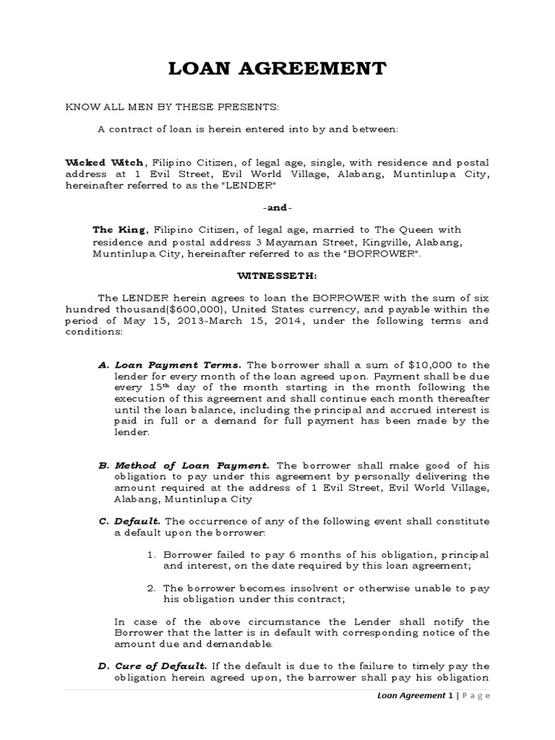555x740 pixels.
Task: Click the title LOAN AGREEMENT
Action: pyautogui.click(x=277, y=69)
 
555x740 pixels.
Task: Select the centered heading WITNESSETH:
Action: pyautogui.click(x=277, y=275)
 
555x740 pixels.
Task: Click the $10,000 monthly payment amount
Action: pyautogui.click(x=405, y=364)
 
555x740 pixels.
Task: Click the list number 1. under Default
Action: pyautogui.click(x=152, y=554)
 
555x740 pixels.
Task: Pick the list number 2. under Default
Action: pyautogui.click(x=152, y=588)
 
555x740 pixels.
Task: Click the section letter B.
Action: pyautogui.click(x=103, y=465)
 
